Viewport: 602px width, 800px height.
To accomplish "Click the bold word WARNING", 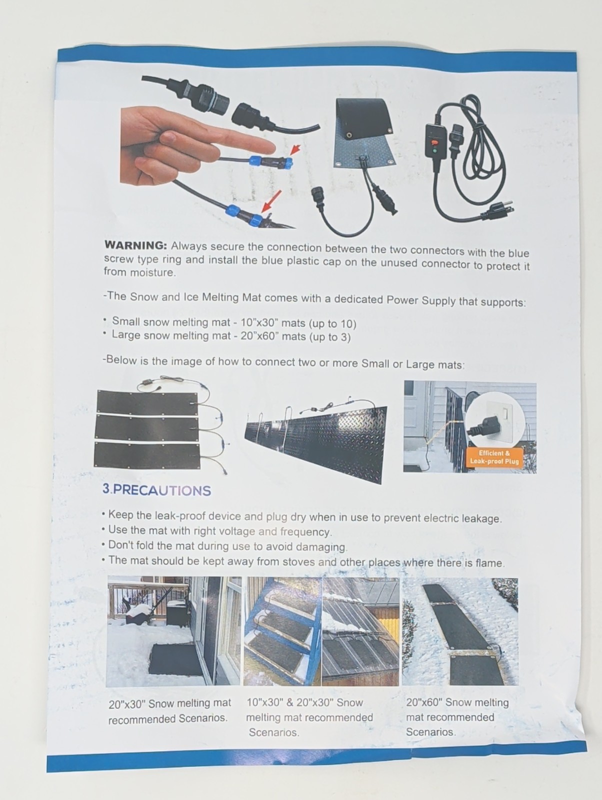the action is (135, 245).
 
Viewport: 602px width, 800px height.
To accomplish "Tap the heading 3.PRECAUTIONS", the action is (156, 490).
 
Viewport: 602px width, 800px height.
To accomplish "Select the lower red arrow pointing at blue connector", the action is (272, 201).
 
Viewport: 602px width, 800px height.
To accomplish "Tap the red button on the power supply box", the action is (434, 142).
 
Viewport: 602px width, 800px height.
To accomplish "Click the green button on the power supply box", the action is (434, 150).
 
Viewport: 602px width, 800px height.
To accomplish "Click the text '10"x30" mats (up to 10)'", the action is (298, 323).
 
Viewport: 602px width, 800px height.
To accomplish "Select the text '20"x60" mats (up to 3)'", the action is (295, 336).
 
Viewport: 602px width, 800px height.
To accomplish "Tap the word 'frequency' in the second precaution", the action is (305, 532).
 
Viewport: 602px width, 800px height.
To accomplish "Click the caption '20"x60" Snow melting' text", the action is (457, 702).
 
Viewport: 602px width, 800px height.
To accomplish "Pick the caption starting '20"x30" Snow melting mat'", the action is (170, 703).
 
